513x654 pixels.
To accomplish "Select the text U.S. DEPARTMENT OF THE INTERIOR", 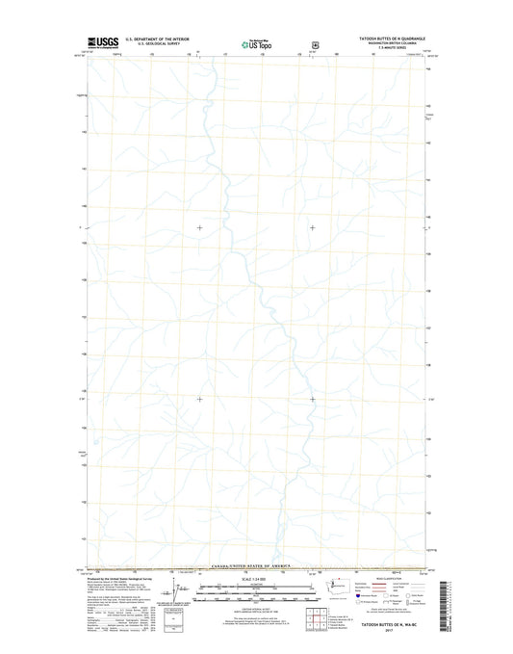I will [153, 39].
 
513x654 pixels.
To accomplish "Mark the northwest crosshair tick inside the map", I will [199, 227].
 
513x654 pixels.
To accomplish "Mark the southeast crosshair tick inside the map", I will [312, 399].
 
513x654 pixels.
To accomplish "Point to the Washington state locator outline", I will [339, 584].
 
